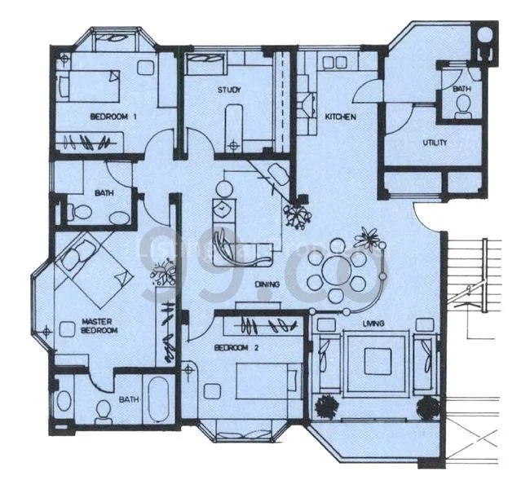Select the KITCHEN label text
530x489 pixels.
point(341,117)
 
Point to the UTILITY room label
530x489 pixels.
point(412,142)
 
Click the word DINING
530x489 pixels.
point(267,284)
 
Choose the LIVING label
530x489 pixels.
point(375,324)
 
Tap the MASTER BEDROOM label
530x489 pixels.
point(99,326)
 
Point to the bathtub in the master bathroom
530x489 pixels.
point(160,399)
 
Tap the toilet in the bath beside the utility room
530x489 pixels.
point(463,106)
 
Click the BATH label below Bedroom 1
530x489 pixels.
point(104,193)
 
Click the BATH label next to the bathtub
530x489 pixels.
point(129,399)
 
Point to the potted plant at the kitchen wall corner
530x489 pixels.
point(297,214)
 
